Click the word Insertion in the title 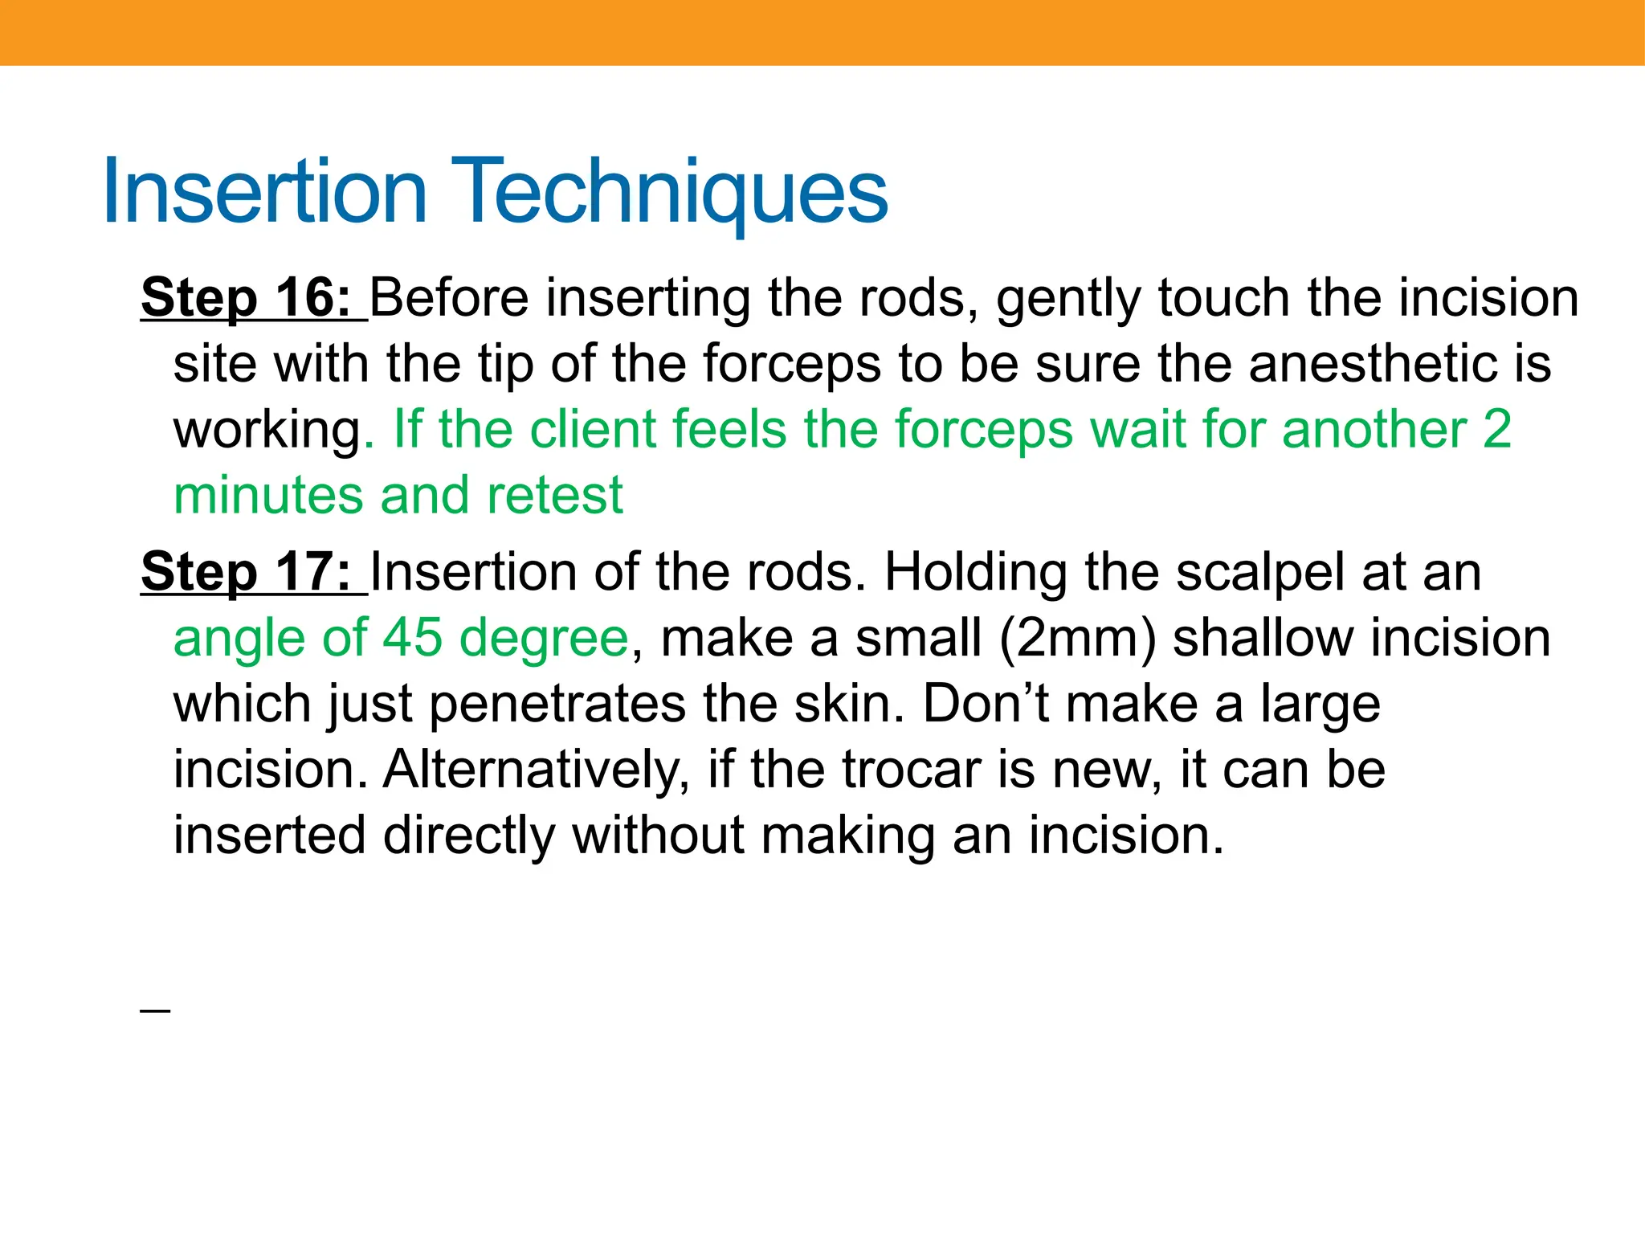(265, 191)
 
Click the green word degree (544, 639)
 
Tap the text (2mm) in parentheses (1077, 639)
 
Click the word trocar (912, 770)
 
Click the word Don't (986, 704)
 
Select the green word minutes (268, 495)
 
